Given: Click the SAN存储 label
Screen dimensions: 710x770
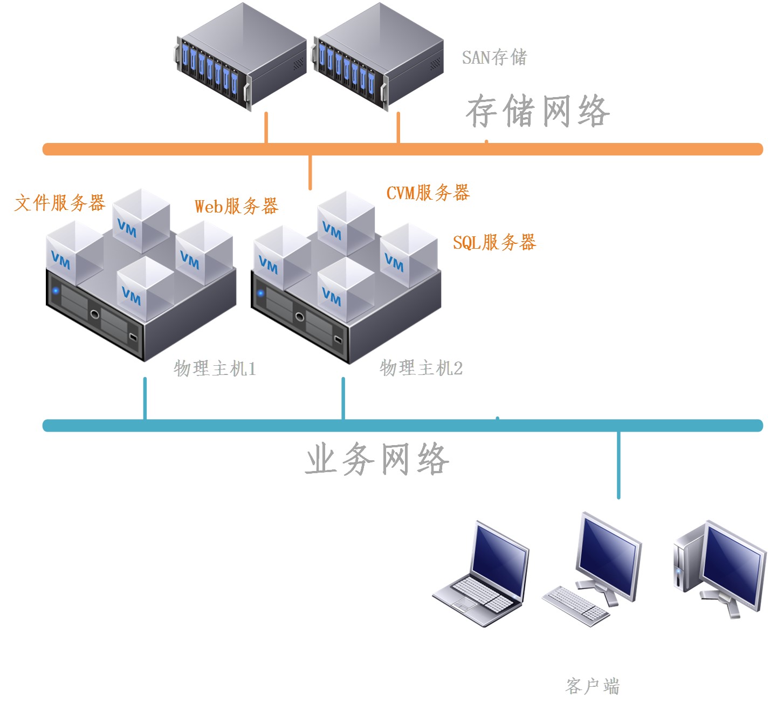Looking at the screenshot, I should [x=494, y=57].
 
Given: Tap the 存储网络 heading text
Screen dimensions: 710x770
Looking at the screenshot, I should [x=538, y=112].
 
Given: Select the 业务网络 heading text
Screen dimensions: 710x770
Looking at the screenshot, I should [x=377, y=459].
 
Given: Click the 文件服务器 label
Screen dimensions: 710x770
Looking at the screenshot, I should [x=59, y=203].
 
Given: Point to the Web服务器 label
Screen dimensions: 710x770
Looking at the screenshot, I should [x=236, y=206].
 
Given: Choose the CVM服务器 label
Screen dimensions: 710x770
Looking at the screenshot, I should [x=428, y=193].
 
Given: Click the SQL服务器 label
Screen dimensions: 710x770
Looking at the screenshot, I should [x=494, y=243].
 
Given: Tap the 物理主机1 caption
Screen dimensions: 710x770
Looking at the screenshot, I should [x=215, y=368].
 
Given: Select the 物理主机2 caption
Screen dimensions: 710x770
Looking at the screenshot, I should [x=421, y=368].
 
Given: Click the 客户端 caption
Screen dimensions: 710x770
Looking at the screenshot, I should [x=592, y=686].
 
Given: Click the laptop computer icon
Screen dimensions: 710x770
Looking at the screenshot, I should [x=482, y=575].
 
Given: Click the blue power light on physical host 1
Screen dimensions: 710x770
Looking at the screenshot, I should [x=56, y=291].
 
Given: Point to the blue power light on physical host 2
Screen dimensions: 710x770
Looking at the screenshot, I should [x=260, y=293].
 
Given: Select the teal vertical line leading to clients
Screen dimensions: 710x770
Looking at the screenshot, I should [x=618, y=465].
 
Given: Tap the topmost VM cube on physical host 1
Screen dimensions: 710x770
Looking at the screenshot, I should [x=141, y=220].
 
